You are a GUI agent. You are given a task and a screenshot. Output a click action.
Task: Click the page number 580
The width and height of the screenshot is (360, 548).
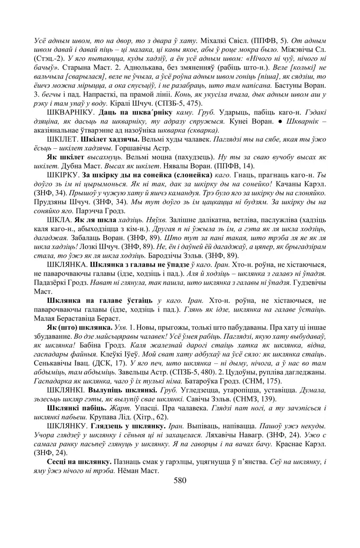[x=180, y=480]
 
